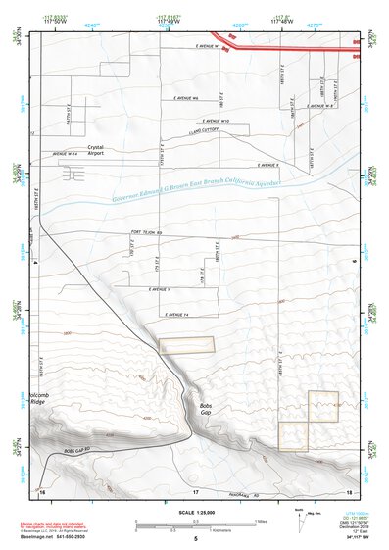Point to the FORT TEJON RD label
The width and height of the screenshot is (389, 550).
(144, 233)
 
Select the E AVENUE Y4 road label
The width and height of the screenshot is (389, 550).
(176, 314)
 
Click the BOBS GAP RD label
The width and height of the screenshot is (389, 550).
(71, 450)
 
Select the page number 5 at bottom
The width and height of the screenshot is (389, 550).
(195, 540)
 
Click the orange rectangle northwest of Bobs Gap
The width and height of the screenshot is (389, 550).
(186, 345)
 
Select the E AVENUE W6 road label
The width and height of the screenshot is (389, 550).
(183, 99)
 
